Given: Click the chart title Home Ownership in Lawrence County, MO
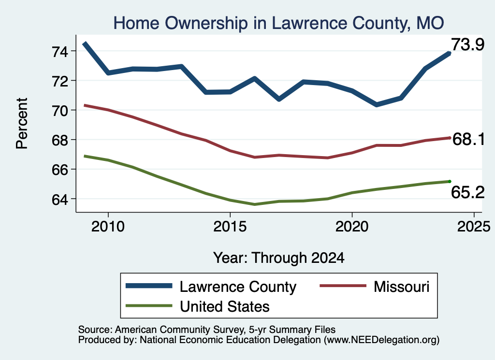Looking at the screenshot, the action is [x=279, y=23].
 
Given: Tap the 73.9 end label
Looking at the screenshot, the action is [x=467, y=44].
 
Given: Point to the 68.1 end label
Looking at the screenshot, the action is [x=468, y=139].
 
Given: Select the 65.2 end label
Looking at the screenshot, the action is [x=467, y=192].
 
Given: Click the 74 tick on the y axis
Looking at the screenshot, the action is [x=59, y=51].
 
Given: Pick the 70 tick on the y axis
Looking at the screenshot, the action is [x=59, y=111].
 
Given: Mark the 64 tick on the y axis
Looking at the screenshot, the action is [x=59, y=200].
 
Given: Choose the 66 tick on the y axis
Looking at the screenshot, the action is [x=59, y=170].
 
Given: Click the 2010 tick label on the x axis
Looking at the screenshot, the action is [x=108, y=227].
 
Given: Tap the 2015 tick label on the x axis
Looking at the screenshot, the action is [x=230, y=227].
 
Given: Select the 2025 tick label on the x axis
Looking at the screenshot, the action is [x=474, y=227].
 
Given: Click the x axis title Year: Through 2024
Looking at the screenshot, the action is [x=279, y=258].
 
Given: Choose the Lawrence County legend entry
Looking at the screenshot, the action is [x=211, y=287].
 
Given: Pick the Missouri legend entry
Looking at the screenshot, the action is [x=375, y=287].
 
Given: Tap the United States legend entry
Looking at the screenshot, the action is [x=198, y=306].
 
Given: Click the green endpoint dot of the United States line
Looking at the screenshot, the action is [x=450, y=181].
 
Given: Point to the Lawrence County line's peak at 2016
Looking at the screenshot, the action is [x=254, y=78].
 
